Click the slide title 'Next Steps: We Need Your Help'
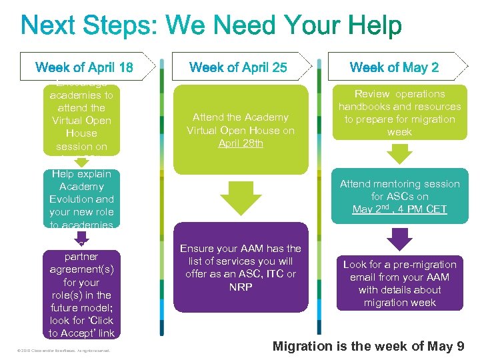coord(212,26)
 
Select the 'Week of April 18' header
coord(84,67)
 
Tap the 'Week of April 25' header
coord(238,67)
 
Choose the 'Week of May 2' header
coord(394,67)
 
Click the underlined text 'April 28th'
coord(241,143)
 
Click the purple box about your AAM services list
coord(241,268)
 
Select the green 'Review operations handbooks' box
coord(399,113)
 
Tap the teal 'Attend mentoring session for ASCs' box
coord(399,197)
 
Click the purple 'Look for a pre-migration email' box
coord(399,283)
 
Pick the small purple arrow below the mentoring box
coord(400,239)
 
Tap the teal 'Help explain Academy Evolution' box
coord(81,199)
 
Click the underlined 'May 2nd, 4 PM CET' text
coord(399,209)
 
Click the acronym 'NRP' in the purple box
coord(241,287)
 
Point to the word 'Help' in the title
coord(373,26)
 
